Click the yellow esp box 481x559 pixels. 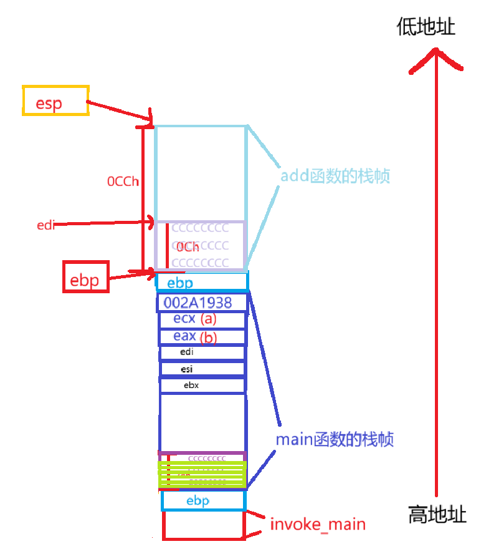pyautogui.click(x=55, y=100)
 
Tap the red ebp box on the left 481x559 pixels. pyautogui.click(x=87, y=277)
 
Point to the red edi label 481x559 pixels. pyautogui.click(x=45, y=225)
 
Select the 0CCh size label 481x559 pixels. pyautogui.click(x=123, y=182)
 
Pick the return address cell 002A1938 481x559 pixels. pyautogui.click(x=198, y=303)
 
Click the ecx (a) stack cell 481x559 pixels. pyautogui.click(x=194, y=319)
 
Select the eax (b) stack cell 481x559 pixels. pyautogui.click(x=194, y=337)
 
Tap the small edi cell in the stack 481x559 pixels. pyautogui.click(x=187, y=352)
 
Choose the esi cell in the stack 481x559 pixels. pyautogui.click(x=187, y=369)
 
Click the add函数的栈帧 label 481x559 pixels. pyautogui.click(x=335, y=177)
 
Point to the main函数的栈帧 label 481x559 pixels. pyautogui.click(x=335, y=439)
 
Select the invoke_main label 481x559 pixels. pyautogui.click(x=318, y=525)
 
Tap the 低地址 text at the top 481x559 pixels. pyautogui.click(x=426, y=27)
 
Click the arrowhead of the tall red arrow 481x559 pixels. pyautogui.click(x=436, y=57)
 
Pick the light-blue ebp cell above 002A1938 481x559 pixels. pyautogui.click(x=201, y=283)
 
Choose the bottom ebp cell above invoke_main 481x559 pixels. pyautogui.click(x=203, y=500)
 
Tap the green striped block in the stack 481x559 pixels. pyautogui.click(x=203, y=474)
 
